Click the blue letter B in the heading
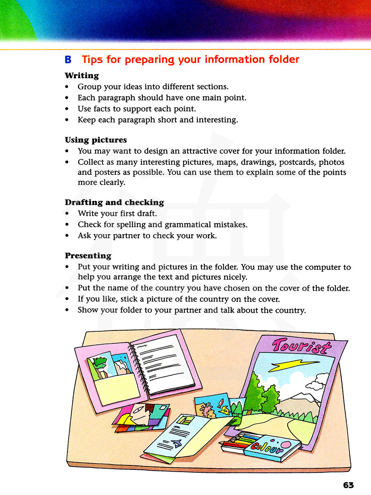68,60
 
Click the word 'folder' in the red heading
284,59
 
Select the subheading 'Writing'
82,76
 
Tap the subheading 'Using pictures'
96,140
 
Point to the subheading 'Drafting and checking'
114,202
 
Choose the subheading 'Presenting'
88,256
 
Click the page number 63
348,485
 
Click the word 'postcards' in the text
298,162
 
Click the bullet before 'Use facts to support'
67,109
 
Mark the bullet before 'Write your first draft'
67,214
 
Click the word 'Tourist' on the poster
301,346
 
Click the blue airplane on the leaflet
176,443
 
